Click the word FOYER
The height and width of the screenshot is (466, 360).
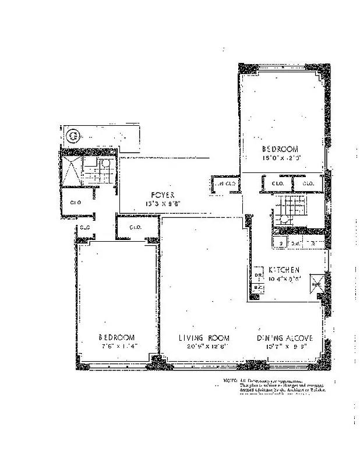click(158, 195)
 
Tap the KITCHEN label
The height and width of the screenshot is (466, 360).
click(284, 270)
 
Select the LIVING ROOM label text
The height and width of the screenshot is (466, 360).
click(203, 338)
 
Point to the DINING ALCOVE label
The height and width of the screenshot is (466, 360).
click(285, 338)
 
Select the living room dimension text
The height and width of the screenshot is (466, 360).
click(203, 347)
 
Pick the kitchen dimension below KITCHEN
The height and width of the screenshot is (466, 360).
click(284, 278)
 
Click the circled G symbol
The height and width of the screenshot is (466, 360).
click(73, 137)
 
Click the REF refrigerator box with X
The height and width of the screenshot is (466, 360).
click(316, 285)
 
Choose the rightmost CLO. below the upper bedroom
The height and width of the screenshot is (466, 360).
click(308, 184)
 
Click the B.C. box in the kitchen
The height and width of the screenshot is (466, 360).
click(257, 287)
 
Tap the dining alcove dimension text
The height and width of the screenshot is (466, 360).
click(285, 347)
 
